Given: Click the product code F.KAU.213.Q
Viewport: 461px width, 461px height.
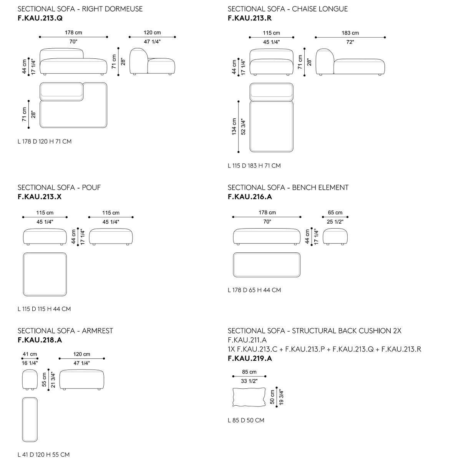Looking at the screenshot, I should point(40,18).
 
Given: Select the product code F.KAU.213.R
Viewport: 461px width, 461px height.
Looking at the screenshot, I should point(250,18).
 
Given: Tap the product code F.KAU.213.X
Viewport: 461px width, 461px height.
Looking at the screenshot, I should point(40,197).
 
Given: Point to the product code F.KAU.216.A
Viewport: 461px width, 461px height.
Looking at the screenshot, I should point(250,197).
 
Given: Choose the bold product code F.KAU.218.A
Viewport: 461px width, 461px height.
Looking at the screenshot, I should point(40,340).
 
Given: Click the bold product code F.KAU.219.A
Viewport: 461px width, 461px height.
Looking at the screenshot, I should point(250,358).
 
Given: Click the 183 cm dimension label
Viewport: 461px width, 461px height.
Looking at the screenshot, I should point(350,33).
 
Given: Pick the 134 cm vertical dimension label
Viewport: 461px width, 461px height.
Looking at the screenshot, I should point(234,127).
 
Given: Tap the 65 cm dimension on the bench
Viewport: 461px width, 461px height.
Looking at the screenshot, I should point(335,212).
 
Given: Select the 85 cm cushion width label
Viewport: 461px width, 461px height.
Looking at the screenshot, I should point(249,372).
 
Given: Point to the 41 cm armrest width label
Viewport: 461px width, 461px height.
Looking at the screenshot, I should point(30,354).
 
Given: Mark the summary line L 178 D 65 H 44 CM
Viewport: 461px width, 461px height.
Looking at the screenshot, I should point(254,290).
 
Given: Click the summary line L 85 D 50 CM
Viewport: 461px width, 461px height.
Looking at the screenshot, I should point(246,420).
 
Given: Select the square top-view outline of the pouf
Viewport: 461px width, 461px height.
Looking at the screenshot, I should point(45,274).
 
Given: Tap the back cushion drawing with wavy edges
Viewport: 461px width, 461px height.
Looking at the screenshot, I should point(249,397).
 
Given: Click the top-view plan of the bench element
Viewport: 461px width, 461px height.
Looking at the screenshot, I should point(267,265).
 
